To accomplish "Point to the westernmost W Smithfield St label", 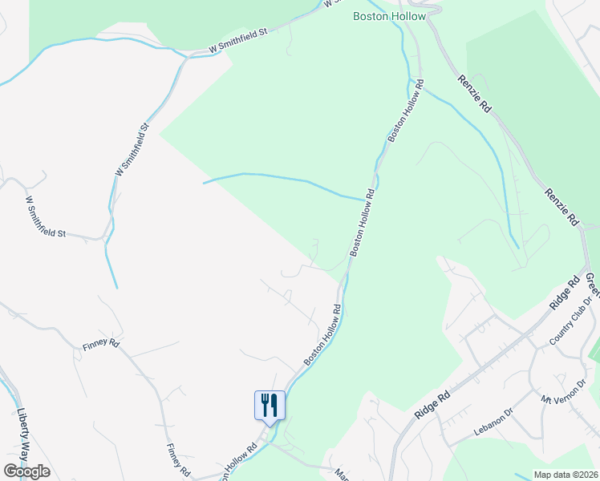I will tap(45, 217).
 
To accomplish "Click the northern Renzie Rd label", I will tap(474, 92).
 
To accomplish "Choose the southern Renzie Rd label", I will tap(561, 206).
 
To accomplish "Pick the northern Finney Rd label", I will tap(100, 346).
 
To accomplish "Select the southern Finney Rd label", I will tap(177, 459).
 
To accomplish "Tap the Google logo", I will tap(26, 471).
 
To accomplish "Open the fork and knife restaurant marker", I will tap(270, 405).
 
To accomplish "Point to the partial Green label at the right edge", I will tap(592, 281).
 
